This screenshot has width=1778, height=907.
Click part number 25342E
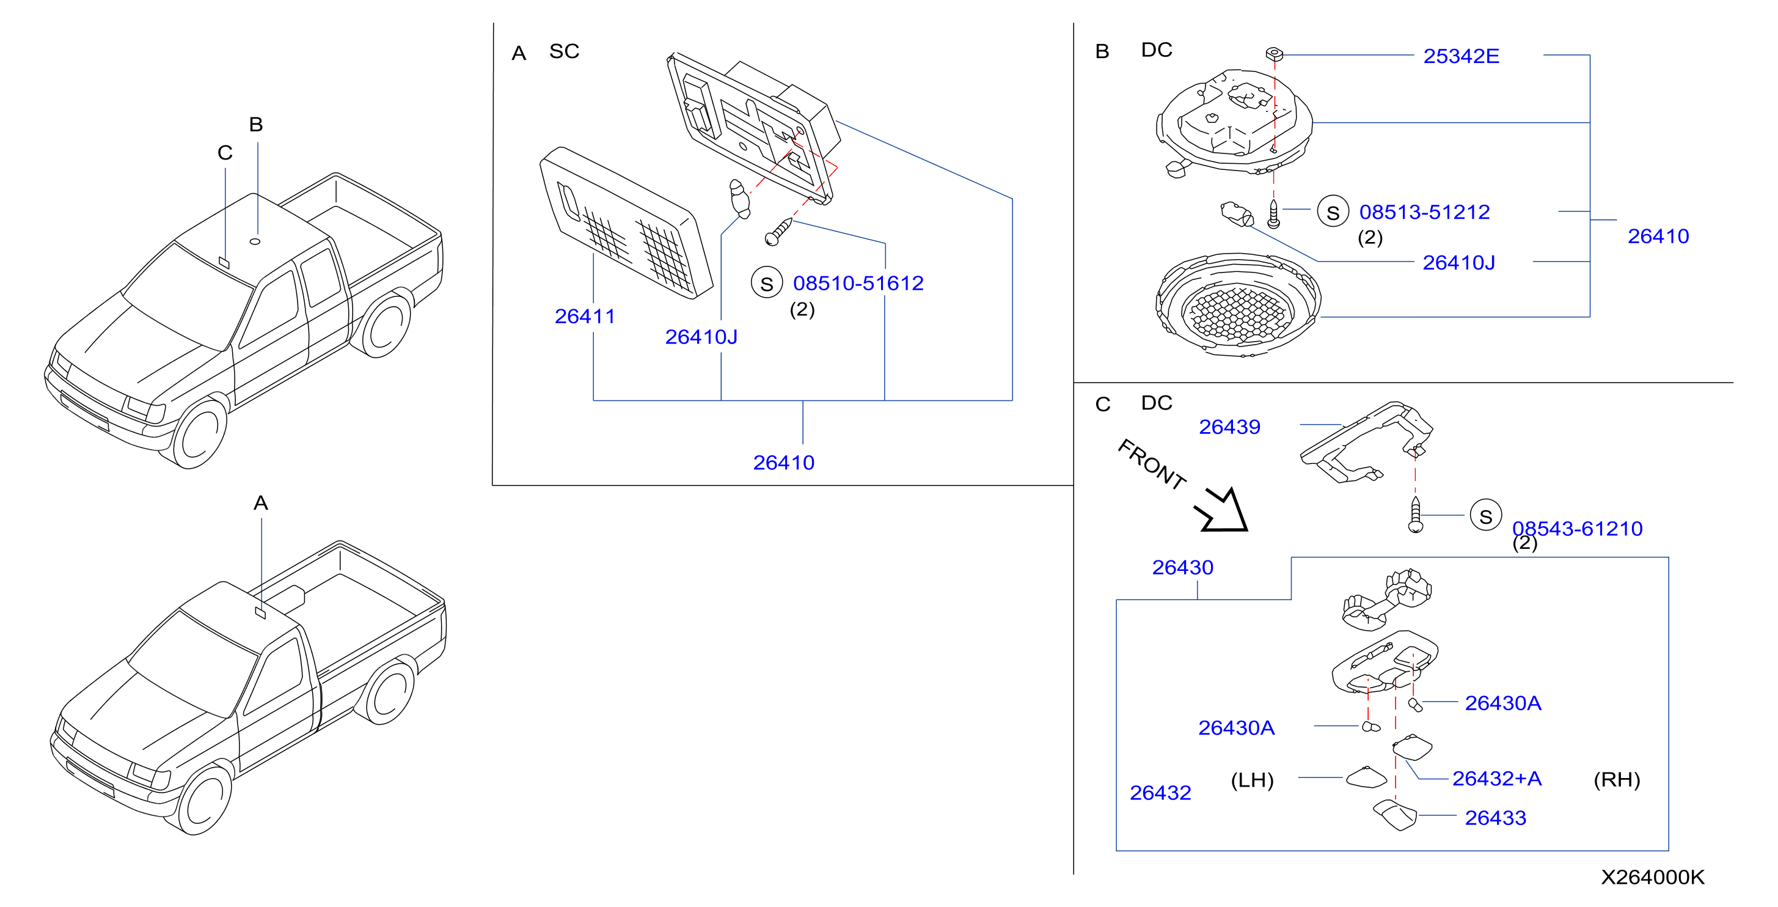point(1460,56)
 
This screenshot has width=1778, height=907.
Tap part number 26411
point(585,316)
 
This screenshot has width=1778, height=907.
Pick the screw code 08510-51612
point(858,283)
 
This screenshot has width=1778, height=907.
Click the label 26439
point(1229,427)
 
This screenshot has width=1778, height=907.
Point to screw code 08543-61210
point(1577,529)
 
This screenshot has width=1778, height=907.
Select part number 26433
point(1495,818)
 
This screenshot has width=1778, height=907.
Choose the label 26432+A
point(1496,779)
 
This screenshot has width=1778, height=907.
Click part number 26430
point(1182,567)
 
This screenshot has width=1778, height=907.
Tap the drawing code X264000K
point(1652,877)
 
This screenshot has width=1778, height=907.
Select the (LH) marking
point(1252,780)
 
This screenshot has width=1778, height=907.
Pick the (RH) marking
point(1617,779)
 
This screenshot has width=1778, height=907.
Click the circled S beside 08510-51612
point(767,283)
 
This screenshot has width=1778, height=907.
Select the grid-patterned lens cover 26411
point(626,222)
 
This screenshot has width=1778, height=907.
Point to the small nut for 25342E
point(1274,53)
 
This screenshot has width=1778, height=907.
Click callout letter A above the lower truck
point(260,502)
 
